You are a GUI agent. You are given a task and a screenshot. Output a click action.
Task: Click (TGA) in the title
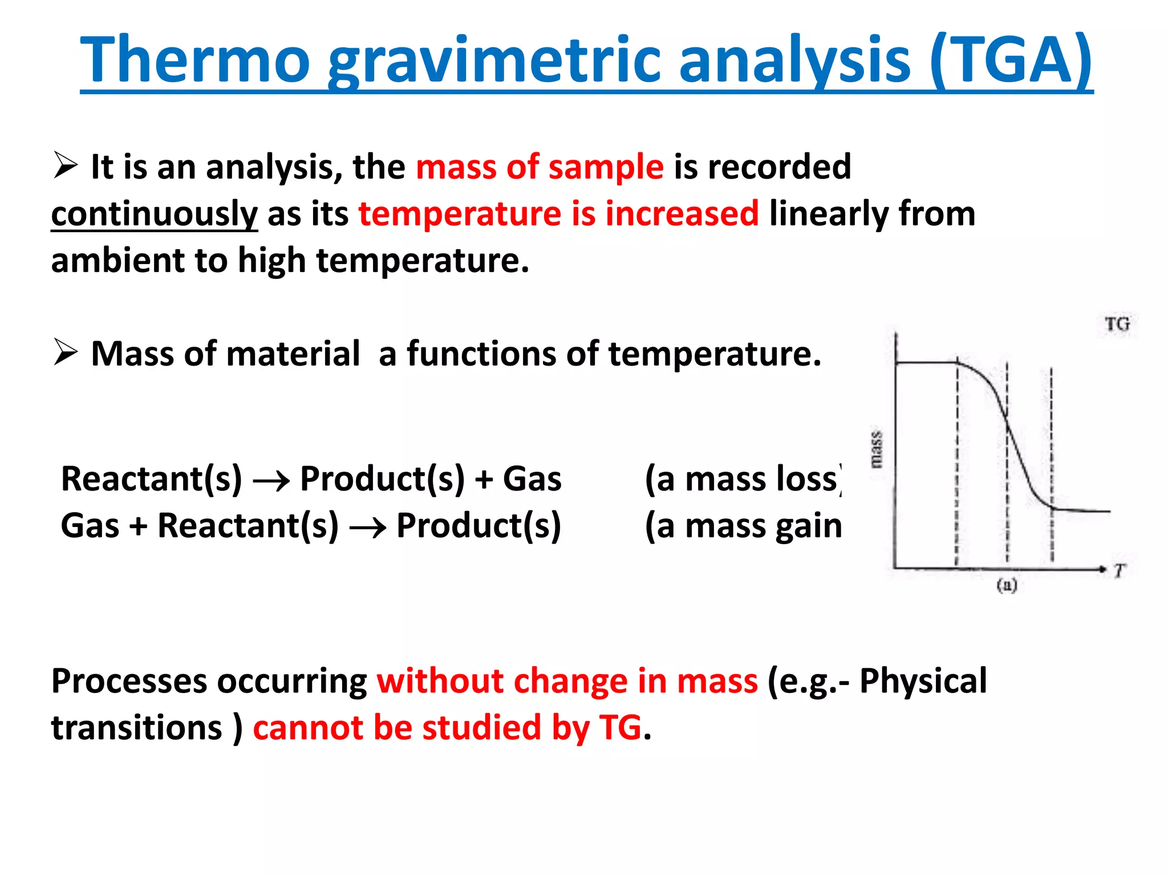pos(1011,60)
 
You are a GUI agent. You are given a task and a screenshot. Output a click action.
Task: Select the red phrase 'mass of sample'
pos(540,167)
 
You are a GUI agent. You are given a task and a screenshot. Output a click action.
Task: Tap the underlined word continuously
pos(154,214)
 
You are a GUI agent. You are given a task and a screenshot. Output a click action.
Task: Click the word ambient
pos(117,261)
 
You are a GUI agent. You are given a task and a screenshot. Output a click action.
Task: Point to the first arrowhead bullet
pos(66,165)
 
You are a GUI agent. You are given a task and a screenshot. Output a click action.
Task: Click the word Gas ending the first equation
pos(532,479)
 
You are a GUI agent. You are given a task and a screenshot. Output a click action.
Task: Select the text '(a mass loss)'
pos(743,479)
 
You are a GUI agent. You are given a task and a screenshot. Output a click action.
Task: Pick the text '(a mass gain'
pos(743,526)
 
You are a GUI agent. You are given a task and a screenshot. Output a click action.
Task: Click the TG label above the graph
pos(1117,325)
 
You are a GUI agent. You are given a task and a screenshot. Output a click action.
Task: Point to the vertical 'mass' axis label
pos(876,451)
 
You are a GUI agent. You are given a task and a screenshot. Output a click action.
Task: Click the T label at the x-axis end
pos(1119,571)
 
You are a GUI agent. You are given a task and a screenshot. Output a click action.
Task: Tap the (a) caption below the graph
pos(1007,585)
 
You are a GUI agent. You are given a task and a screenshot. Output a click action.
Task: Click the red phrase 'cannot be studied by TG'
pos(448,728)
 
